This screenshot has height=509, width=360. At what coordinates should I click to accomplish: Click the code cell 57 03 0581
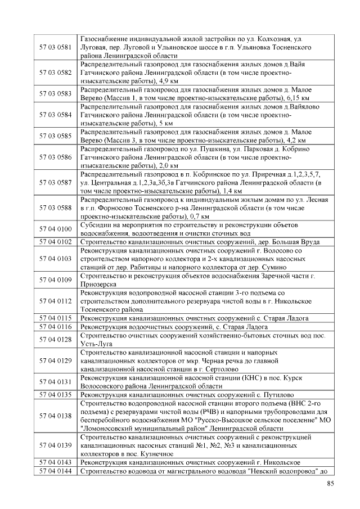pyautogui.click(x=56, y=46)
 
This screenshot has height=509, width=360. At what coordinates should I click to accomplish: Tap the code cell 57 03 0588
pyautogui.click(x=56, y=208)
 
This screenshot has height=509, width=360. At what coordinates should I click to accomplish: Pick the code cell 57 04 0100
pyautogui.click(x=56, y=229)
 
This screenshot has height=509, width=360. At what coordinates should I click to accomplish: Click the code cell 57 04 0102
pyautogui.click(x=56, y=242)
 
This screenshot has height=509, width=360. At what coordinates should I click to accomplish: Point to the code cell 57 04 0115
pyautogui.click(x=56, y=318)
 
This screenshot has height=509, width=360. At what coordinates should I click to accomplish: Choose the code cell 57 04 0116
pyautogui.click(x=56, y=327)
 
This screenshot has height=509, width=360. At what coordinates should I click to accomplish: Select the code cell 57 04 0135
pyautogui.click(x=56, y=394)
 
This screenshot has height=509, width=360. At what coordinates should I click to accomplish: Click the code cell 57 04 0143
pyautogui.click(x=56, y=462)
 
